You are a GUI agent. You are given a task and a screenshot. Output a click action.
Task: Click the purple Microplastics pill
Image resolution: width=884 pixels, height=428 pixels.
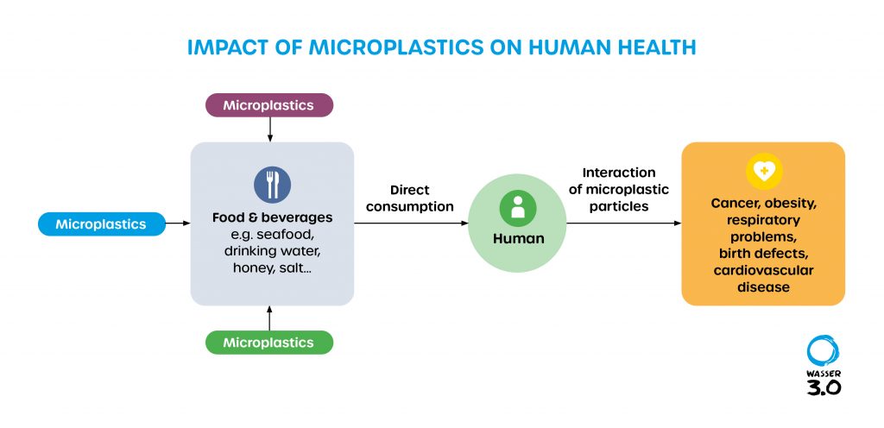268,105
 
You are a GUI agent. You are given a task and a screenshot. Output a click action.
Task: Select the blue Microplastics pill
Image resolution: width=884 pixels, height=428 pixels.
100,224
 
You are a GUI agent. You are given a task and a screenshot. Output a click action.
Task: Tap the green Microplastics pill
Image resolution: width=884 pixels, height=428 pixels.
268,343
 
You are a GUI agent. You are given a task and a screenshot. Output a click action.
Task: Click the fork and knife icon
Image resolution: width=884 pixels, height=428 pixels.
272,185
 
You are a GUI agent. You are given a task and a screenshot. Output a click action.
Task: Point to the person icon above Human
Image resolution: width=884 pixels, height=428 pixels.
518,208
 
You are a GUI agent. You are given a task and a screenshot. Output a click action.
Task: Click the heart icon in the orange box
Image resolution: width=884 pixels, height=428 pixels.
764,172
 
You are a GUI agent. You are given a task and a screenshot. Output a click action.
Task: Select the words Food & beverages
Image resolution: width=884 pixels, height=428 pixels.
272,217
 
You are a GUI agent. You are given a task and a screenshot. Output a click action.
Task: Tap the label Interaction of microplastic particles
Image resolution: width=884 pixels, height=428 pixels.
618,190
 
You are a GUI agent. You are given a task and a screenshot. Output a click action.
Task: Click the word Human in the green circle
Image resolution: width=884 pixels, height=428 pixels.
518,238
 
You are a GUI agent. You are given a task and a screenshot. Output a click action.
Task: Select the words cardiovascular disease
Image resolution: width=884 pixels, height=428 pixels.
763,279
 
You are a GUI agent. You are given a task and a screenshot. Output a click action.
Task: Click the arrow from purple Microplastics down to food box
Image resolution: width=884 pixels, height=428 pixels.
270,129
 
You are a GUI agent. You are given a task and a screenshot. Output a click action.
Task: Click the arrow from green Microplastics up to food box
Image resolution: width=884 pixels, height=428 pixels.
270,318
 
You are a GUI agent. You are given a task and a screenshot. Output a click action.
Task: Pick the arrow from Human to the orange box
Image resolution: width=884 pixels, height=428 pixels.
623,223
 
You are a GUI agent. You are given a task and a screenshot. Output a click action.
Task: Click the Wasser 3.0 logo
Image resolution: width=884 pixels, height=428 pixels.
823,366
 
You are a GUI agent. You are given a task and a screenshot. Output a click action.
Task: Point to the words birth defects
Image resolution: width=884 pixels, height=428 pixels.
763,254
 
